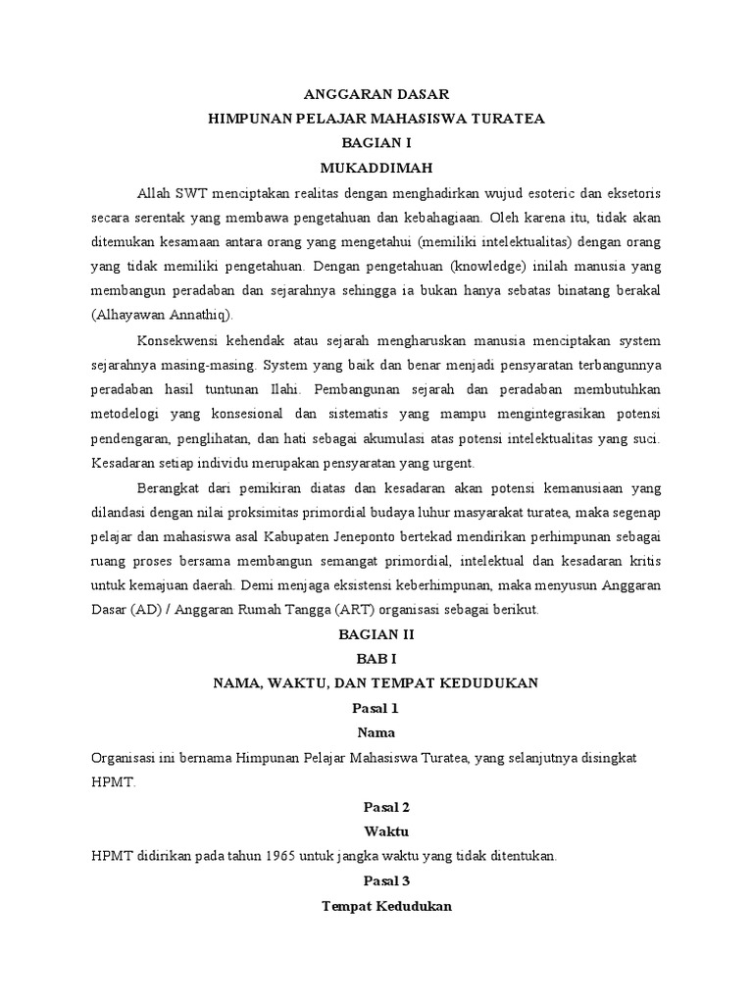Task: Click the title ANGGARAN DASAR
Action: click(376, 94)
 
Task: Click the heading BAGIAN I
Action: click(376, 142)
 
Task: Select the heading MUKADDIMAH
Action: click(376, 167)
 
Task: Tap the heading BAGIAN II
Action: click(376, 634)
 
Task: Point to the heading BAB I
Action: click(376, 659)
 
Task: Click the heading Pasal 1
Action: click(376, 707)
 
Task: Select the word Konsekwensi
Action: click(182, 340)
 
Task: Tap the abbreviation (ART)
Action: click(356, 609)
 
